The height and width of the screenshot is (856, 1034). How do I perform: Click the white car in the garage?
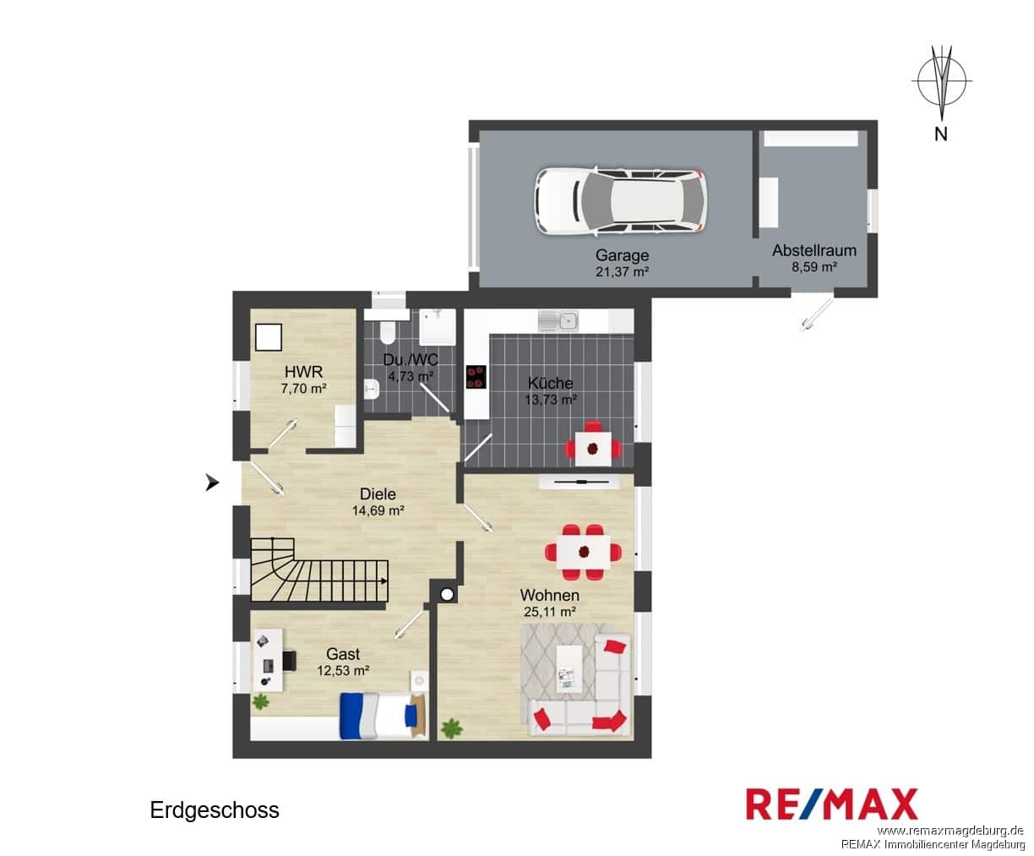[621, 200]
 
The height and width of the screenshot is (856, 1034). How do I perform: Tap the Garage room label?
[622, 255]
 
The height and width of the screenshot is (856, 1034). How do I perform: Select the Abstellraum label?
[814, 250]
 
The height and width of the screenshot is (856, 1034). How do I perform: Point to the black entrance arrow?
[212, 482]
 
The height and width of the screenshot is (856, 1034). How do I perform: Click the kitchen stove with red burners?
[476, 377]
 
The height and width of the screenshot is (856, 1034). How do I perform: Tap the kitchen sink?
[558, 321]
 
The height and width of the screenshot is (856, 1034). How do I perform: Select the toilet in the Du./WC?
[387, 332]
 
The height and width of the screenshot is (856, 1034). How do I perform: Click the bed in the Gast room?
[383, 716]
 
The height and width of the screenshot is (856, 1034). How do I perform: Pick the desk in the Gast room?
[268, 660]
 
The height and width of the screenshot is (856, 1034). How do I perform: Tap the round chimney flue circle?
[447, 595]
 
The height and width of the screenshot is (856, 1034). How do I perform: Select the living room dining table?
[584, 552]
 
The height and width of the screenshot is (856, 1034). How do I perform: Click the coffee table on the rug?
[569, 668]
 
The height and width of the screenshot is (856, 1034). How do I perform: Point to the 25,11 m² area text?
[550, 612]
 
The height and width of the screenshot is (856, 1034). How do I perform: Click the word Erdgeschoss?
[215, 810]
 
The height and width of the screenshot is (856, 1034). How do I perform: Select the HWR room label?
[303, 372]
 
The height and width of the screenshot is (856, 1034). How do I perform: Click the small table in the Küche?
[593, 449]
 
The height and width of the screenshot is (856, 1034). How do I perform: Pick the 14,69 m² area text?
[378, 510]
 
